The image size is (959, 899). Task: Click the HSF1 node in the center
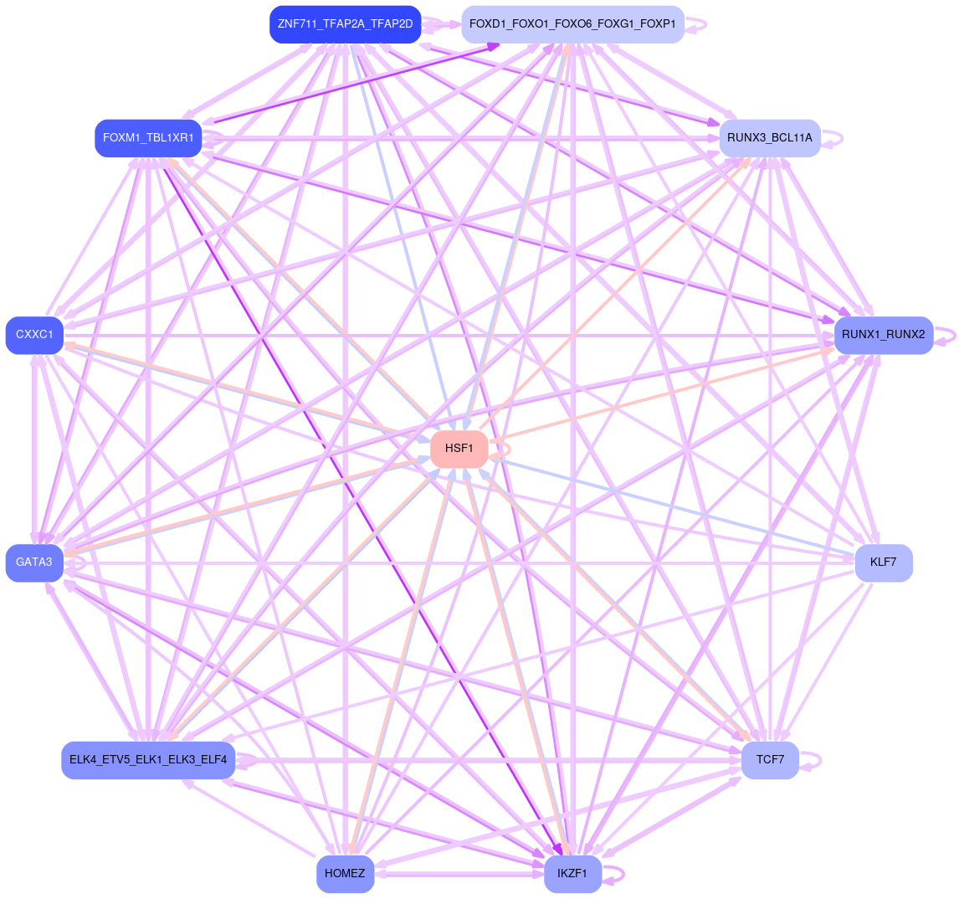[x=459, y=449]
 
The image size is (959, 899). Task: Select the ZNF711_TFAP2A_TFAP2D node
[x=345, y=24]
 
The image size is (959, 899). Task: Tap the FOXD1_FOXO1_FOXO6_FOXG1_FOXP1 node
[x=572, y=24]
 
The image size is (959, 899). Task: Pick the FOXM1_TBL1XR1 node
[x=148, y=138]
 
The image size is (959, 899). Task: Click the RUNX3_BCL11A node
[x=769, y=138]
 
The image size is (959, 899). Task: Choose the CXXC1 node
[x=34, y=336]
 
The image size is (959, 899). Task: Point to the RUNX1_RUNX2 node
[x=883, y=336]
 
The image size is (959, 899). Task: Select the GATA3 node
[x=34, y=563]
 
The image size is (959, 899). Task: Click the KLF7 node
[x=883, y=563]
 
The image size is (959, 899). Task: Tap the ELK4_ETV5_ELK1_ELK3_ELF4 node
[x=148, y=760]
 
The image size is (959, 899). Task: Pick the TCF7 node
[x=769, y=760]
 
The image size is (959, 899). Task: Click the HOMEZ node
[x=345, y=874]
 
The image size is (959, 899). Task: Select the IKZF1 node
[x=572, y=874]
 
